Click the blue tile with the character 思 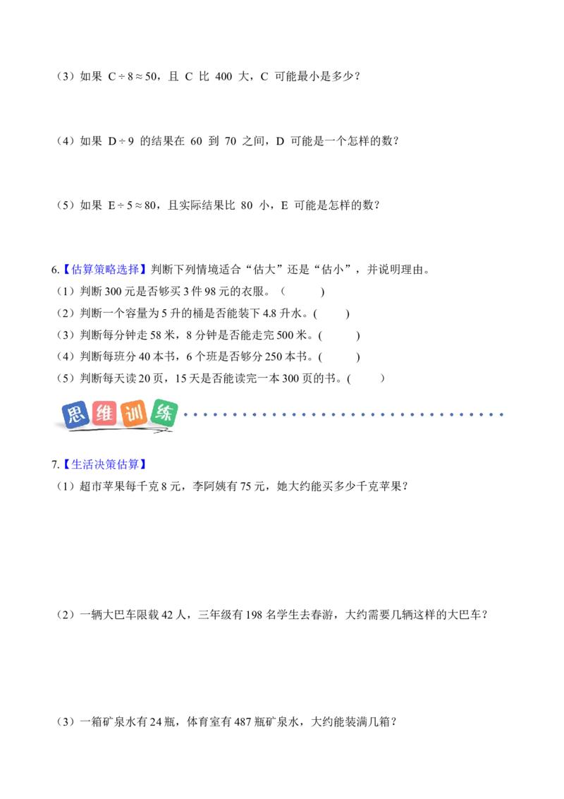[x=75, y=414]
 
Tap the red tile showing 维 [x=104, y=414]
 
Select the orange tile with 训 [x=134, y=414]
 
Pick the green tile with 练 [x=165, y=412]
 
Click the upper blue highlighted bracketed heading [x=104, y=269]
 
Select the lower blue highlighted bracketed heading [x=104, y=464]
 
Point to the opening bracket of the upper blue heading [x=66, y=269]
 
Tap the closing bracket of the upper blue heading [x=143, y=269]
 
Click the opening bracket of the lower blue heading [x=66, y=464]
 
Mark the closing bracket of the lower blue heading [x=143, y=464]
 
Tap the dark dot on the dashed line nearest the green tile [x=248, y=415]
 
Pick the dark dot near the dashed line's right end [x=477, y=415]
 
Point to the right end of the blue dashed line [x=506, y=415]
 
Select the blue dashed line [x=338, y=415]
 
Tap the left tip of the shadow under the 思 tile [x=68, y=431]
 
